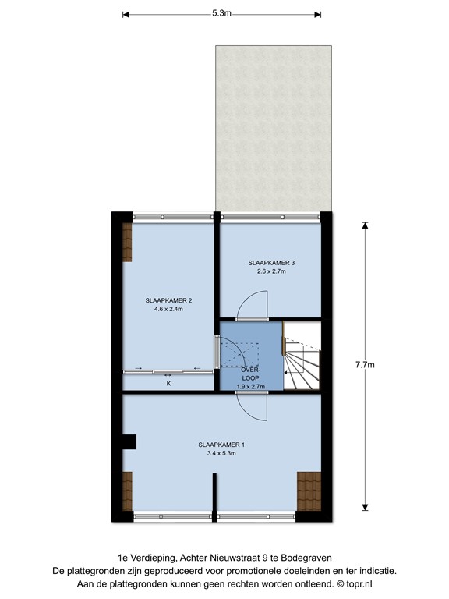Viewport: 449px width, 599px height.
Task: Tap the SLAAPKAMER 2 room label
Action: tap(168, 300)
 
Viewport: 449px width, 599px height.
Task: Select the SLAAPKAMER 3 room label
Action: tap(271, 263)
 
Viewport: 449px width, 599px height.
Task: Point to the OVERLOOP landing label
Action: tap(250, 372)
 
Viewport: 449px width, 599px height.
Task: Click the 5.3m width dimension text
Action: tap(221, 13)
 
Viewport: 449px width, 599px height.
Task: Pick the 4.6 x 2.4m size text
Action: tap(168, 309)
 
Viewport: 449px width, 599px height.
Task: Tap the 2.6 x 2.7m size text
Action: tap(271, 271)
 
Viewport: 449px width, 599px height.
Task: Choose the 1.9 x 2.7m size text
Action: tap(250, 385)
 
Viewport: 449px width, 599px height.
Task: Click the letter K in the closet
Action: tap(168, 383)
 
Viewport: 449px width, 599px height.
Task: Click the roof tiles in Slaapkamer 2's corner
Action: tap(128, 241)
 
